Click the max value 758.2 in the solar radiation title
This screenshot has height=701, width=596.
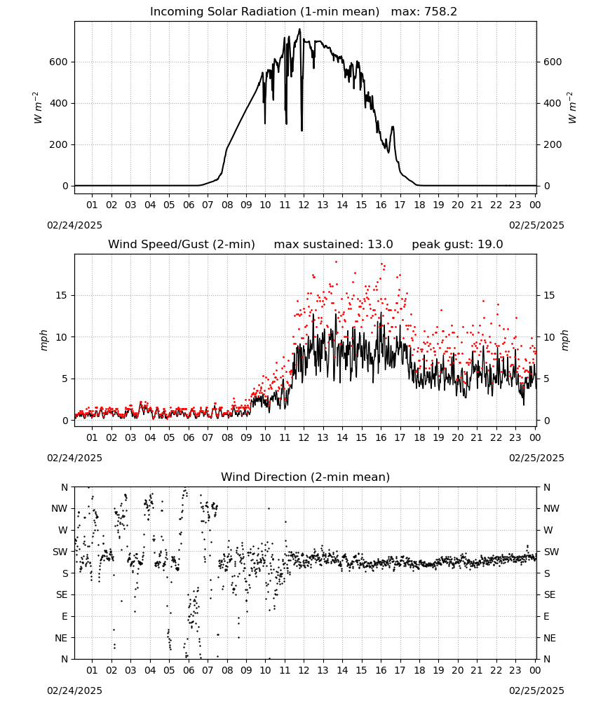(x=440, y=12)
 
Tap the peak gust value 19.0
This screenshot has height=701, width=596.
(x=489, y=245)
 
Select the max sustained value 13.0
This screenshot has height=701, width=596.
(x=380, y=245)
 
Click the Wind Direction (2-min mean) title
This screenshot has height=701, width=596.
(x=306, y=477)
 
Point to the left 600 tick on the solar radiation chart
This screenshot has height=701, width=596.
(x=59, y=62)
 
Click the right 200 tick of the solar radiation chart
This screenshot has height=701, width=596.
(x=553, y=145)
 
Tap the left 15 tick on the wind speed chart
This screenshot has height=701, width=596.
(x=62, y=296)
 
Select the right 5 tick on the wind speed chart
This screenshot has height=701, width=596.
(x=546, y=379)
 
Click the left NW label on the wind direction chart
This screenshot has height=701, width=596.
(x=60, y=509)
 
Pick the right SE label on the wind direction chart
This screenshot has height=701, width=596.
(x=550, y=595)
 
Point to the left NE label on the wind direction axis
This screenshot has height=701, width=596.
(x=61, y=639)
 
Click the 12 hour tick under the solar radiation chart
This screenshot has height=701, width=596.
(x=304, y=205)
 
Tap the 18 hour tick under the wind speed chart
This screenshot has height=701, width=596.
(x=419, y=437)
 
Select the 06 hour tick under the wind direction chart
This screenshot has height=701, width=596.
(x=188, y=671)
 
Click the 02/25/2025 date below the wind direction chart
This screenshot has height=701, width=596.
(x=536, y=691)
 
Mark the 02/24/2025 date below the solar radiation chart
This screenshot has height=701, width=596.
(x=74, y=225)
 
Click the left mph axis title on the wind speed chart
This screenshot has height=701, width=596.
(x=43, y=340)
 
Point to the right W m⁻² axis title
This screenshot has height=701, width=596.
(x=572, y=108)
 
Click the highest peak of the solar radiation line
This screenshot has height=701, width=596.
(x=300, y=29)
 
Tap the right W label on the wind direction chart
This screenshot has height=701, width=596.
(x=548, y=531)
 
